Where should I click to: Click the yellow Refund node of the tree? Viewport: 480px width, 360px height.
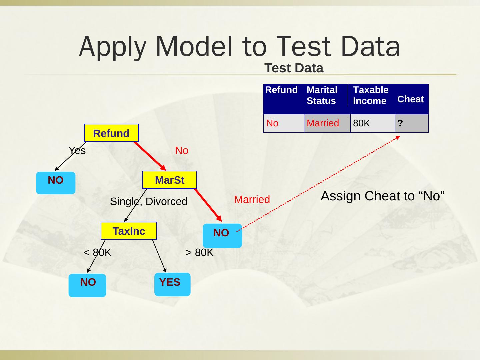click(111, 133)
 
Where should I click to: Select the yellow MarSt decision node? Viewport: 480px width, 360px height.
click(169, 180)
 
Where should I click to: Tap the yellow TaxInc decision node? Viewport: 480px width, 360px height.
click(129, 231)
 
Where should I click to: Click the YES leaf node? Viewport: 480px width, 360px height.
click(172, 284)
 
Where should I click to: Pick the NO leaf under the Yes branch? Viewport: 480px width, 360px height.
click(56, 183)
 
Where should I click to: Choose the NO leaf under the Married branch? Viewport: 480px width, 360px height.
click(222, 235)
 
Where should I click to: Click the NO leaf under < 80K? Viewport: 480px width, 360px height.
click(87, 285)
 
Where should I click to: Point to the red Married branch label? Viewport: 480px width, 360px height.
click(252, 199)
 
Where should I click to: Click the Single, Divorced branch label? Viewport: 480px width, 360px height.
click(149, 201)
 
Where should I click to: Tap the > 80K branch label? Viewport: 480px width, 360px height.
click(199, 253)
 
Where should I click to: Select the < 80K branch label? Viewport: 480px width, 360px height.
click(97, 253)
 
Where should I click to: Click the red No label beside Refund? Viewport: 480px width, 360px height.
click(182, 151)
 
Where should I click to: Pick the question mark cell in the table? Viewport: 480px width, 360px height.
click(411, 123)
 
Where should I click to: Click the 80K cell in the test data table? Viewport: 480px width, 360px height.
click(372, 123)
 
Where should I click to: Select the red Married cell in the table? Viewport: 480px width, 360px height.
click(327, 123)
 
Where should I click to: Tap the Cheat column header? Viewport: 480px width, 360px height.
click(410, 99)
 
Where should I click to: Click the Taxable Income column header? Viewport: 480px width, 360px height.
click(371, 95)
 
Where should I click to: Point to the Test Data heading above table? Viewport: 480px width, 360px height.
click(294, 68)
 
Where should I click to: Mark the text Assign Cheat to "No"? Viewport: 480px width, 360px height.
click(382, 196)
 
